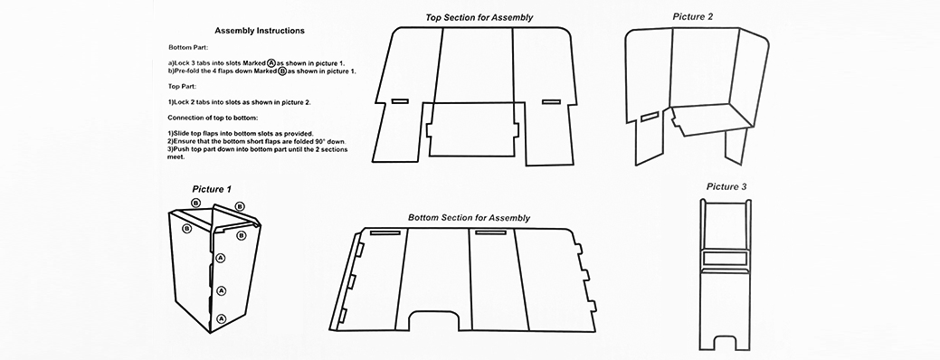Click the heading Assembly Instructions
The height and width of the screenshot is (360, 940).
click(260, 31)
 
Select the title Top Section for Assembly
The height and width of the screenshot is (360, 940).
click(479, 17)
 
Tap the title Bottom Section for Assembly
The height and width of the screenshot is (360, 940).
click(469, 218)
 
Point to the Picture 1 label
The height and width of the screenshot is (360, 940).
click(212, 189)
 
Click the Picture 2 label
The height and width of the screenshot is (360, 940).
click(692, 17)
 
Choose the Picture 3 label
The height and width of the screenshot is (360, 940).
click(726, 187)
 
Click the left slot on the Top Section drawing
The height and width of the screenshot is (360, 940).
click(400, 101)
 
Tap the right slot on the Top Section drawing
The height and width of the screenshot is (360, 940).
click(551, 102)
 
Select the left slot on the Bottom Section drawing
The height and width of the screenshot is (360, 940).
click(380, 232)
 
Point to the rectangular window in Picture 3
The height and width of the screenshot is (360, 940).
click(726, 258)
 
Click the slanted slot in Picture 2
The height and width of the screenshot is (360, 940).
click(650, 117)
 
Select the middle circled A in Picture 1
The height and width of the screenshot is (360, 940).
click(222, 291)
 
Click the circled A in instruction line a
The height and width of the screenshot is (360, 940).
click(271, 62)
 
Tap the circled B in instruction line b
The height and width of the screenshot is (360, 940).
click(281, 71)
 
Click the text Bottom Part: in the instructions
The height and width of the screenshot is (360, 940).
click(187, 47)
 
